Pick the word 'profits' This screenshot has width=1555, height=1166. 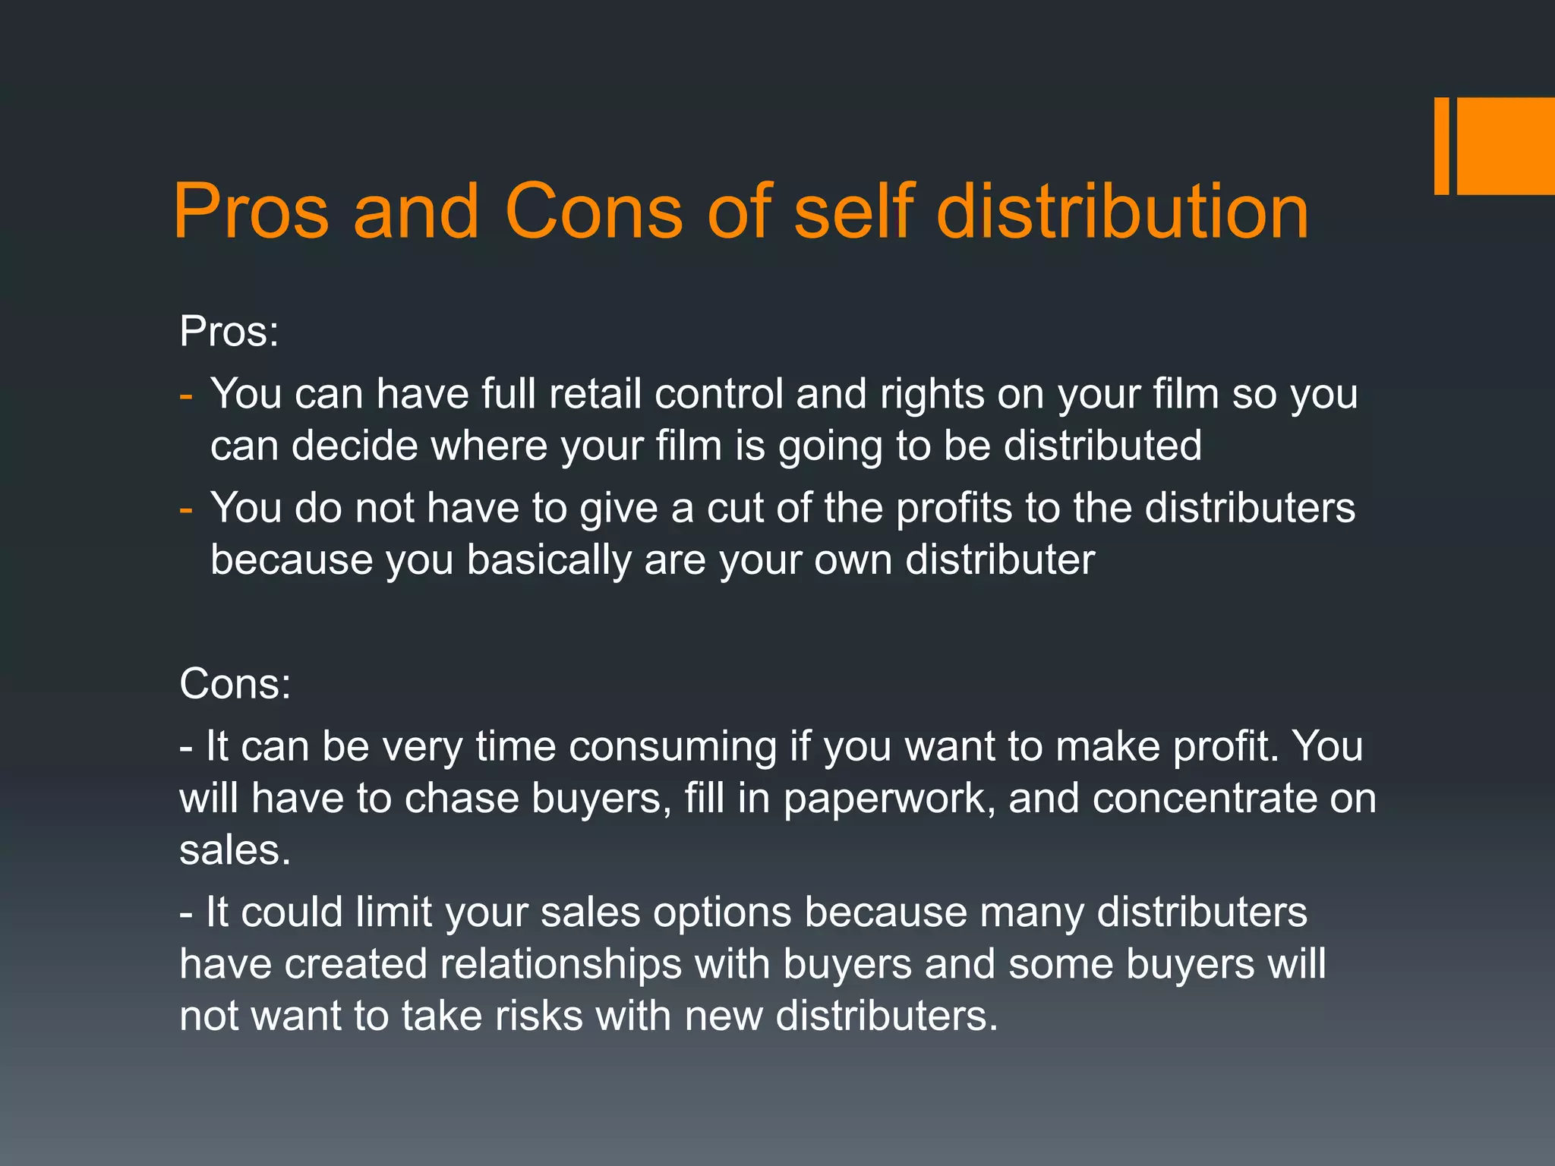954,509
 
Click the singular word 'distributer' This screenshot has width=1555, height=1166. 1000,559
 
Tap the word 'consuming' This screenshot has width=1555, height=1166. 673,748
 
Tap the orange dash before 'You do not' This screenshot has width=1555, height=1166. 186,509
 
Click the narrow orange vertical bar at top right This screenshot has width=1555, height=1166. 1441,146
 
